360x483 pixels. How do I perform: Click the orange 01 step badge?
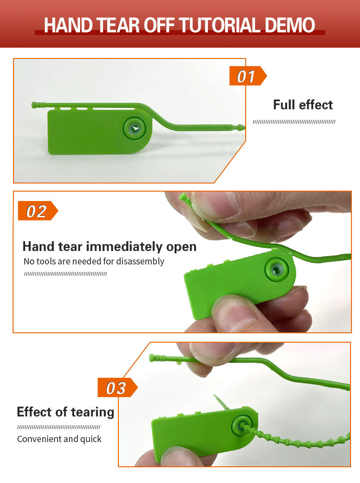248,76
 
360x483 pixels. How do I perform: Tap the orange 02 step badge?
38,211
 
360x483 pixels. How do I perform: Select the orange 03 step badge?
117,388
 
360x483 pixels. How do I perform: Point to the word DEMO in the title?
290,25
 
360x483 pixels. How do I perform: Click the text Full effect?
303,105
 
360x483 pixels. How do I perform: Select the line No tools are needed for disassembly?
94,262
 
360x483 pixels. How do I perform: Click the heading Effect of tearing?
66,412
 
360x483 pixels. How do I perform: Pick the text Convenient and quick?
59,438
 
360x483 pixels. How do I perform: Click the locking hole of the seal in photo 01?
135,128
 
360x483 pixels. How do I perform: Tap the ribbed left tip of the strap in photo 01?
38,105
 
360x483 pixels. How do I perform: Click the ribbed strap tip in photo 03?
157,358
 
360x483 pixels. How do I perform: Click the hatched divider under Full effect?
294,122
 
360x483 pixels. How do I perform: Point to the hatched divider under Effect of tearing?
58,427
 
